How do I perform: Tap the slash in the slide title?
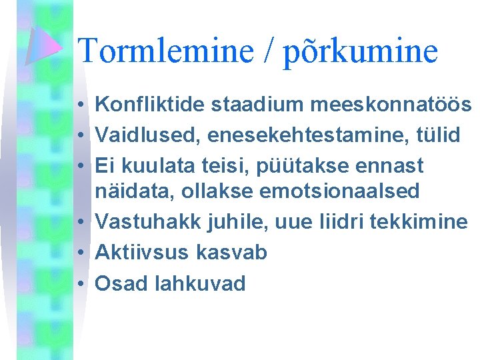pos(270,51)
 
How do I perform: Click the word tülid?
pos(437,135)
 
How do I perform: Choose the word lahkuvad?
pos(200,283)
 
